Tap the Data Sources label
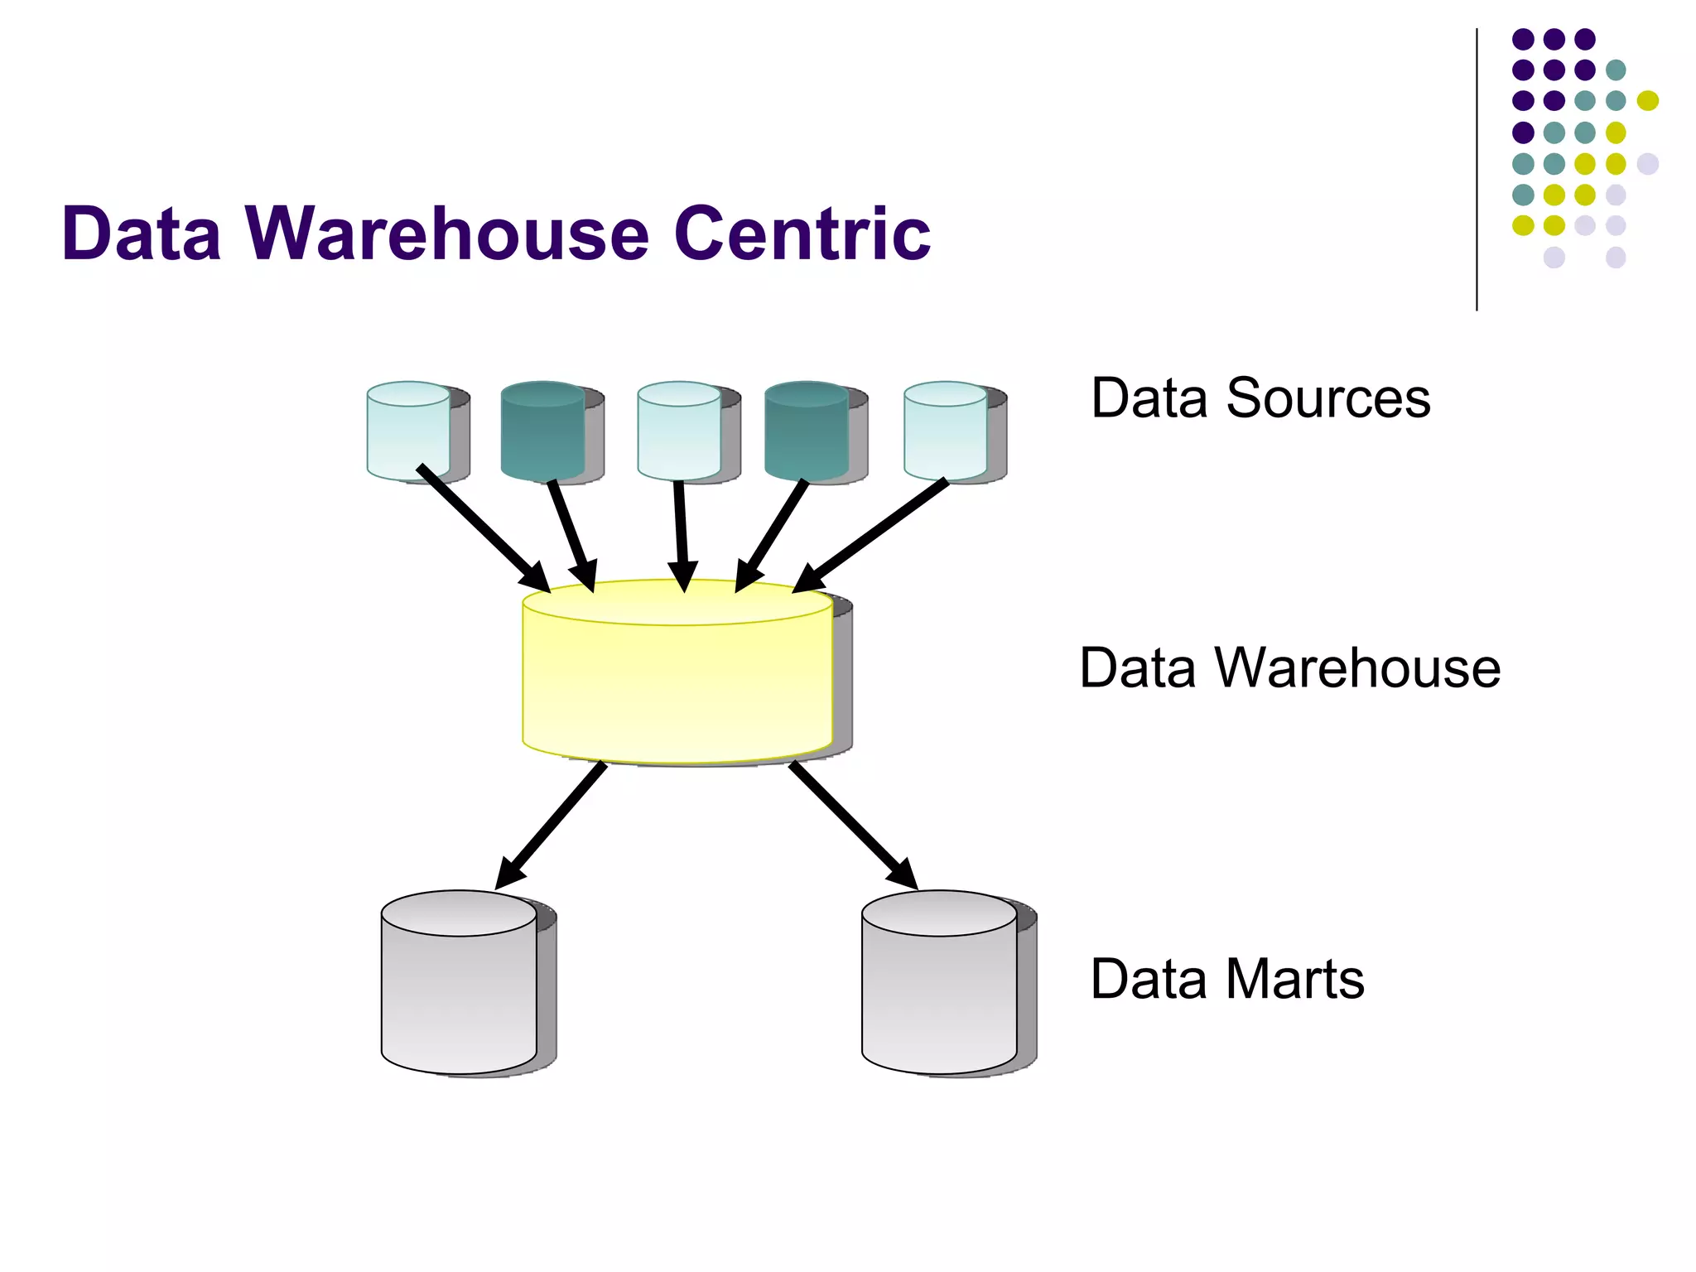[1260, 398]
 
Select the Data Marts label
[1226, 979]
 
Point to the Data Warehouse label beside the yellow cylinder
[1289, 667]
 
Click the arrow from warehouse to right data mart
[853, 825]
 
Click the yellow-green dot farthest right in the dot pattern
[1647, 101]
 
